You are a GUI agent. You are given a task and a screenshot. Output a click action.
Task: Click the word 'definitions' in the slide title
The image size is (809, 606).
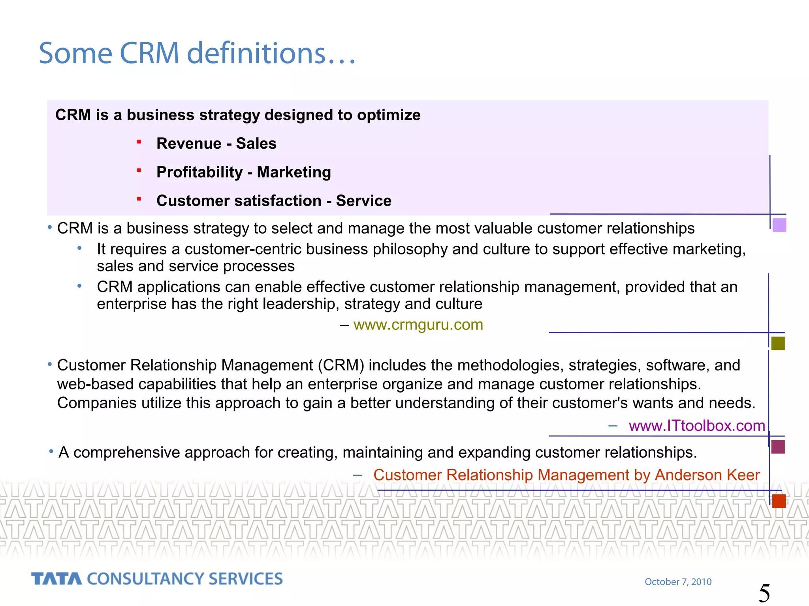(x=256, y=53)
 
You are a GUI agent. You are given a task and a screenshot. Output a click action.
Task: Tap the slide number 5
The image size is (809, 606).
(x=764, y=593)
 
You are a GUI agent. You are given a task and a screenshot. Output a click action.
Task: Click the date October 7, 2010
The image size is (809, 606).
(x=678, y=582)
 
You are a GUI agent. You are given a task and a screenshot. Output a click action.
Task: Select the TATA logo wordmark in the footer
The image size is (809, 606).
(x=56, y=579)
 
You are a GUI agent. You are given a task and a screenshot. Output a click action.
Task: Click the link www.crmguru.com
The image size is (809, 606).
(x=418, y=325)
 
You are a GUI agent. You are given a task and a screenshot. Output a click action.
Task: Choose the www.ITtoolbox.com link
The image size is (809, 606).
(x=697, y=426)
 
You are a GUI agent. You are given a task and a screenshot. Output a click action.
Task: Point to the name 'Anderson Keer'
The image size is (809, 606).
(x=707, y=475)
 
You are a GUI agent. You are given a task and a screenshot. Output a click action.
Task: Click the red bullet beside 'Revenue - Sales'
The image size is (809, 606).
(x=139, y=142)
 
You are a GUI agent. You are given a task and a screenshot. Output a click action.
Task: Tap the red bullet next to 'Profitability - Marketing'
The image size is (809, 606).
(x=139, y=170)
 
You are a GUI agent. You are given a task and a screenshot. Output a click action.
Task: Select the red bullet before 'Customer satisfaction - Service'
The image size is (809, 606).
(x=139, y=199)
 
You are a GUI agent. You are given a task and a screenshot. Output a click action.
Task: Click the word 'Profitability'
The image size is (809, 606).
(x=199, y=172)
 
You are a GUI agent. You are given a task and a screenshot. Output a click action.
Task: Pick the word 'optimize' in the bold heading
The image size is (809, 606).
(x=389, y=115)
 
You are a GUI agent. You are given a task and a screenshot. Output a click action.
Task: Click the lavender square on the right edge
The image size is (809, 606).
(x=779, y=225)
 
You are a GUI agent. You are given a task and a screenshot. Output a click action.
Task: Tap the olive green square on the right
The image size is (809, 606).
(x=778, y=343)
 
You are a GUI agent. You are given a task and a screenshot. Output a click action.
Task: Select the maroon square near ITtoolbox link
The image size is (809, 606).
(x=778, y=447)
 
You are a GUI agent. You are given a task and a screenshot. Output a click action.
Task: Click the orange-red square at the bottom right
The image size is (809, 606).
(x=779, y=501)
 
